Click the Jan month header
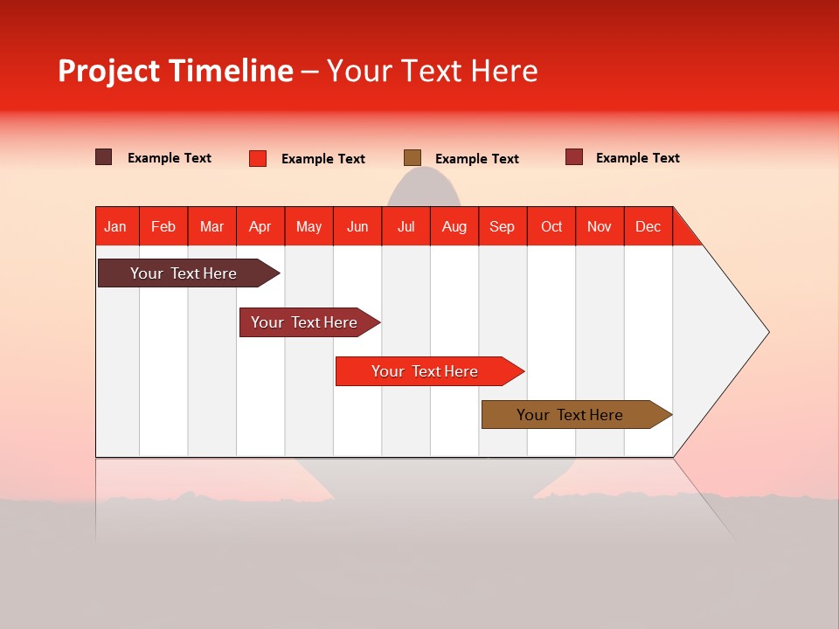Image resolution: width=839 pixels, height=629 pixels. (x=115, y=226)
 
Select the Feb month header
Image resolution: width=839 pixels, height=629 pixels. (x=163, y=226)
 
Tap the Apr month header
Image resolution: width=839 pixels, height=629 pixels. (x=260, y=226)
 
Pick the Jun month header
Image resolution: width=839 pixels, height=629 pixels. (x=357, y=226)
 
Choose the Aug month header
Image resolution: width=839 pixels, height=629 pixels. (x=454, y=226)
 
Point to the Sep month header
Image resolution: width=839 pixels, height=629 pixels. (x=502, y=226)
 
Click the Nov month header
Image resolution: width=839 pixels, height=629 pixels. (x=599, y=226)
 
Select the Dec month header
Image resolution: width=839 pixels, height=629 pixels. (x=648, y=226)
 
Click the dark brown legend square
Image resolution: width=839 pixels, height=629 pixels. (x=104, y=157)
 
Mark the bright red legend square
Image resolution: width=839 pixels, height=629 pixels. (x=258, y=158)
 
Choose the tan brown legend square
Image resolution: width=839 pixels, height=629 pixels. (x=413, y=158)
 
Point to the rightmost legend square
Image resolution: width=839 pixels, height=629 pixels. (x=574, y=157)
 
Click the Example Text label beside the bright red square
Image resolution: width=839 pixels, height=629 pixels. (x=323, y=159)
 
